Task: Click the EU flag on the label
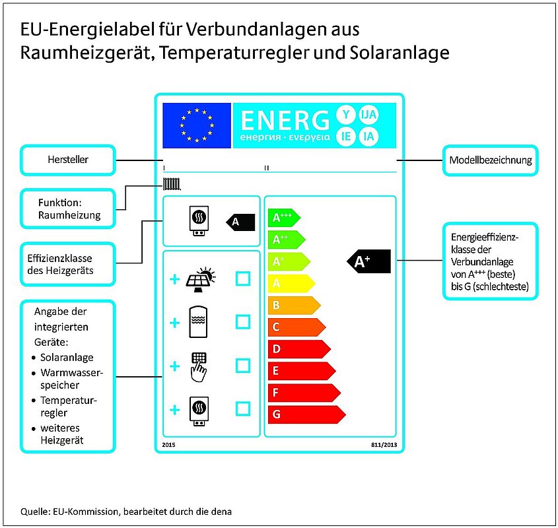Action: [197, 125]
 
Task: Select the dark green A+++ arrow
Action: [284, 218]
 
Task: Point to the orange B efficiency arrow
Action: [294, 306]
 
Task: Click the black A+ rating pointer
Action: [368, 261]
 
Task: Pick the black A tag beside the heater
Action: [240, 222]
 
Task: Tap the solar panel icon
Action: [201, 279]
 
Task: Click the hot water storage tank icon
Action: [198, 321]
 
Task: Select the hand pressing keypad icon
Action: [199, 367]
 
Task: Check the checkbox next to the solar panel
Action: [243, 279]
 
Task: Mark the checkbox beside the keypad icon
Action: [243, 366]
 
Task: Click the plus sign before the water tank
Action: [175, 323]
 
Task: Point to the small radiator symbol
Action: [172, 184]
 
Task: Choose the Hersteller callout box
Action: [68, 160]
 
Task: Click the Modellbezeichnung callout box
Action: [491, 160]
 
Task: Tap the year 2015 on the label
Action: [168, 445]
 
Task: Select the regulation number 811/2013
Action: [384, 445]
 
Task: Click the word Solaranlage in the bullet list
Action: [67, 357]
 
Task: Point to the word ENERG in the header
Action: [285, 120]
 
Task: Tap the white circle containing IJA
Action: [368, 115]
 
